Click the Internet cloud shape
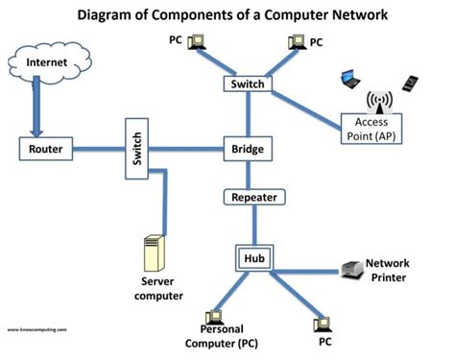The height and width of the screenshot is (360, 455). coord(46,63)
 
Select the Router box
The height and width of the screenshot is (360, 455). coord(45,150)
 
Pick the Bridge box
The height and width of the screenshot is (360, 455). coord(249,150)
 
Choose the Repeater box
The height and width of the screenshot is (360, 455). coord(253,198)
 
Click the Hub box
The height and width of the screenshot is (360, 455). coord(253,257)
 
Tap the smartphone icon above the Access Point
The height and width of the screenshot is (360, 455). coord(410,83)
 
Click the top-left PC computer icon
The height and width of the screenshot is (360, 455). coord(196,40)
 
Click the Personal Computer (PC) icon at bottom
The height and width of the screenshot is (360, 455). coord(212,318)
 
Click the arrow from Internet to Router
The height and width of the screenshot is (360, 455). coord(36,111)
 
